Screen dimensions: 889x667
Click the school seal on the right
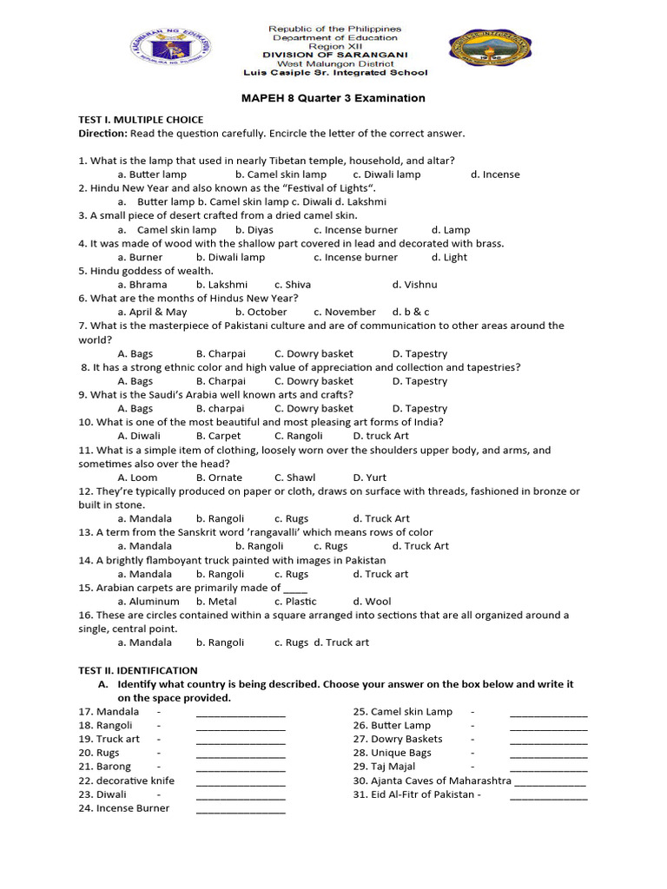(x=492, y=53)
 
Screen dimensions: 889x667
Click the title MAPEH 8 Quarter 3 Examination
(x=333, y=98)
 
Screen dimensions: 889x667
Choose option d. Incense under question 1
(x=495, y=175)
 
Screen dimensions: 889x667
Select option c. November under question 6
(x=345, y=312)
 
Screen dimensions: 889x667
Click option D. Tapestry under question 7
(x=419, y=353)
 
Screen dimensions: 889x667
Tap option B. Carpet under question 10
(x=219, y=436)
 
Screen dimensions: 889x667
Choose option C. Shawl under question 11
(x=295, y=477)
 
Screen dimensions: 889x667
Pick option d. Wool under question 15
(x=372, y=602)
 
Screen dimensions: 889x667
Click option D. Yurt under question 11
(x=370, y=477)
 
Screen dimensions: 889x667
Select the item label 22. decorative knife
(x=127, y=780)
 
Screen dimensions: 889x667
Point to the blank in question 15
(x=295, y=589)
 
